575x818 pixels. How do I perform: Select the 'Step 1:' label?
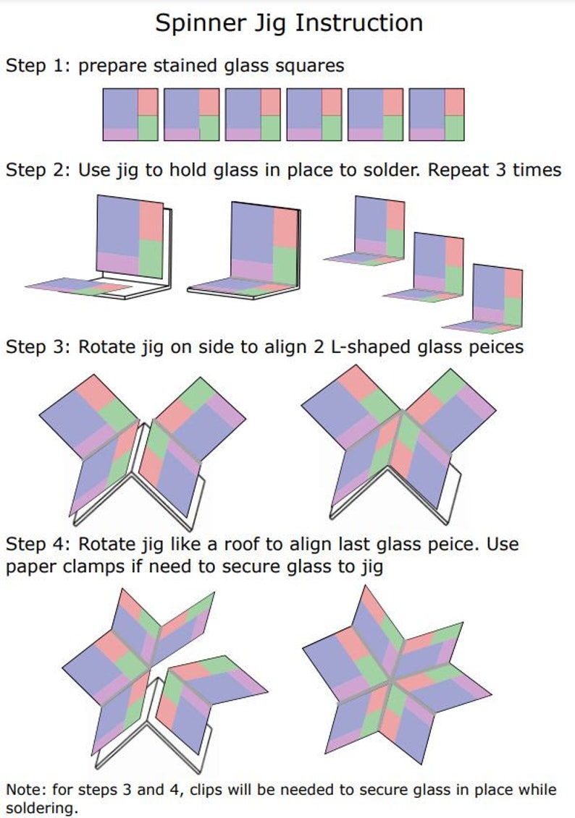[x=38, y=66]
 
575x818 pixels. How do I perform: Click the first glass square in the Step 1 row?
[x=130, y=114]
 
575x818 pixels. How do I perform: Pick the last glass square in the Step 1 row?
[x=437, y=114]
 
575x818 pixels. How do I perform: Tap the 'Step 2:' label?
[x=38, y=170]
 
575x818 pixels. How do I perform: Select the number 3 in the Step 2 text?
[x=507, y=170]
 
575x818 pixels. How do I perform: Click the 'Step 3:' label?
[x=38, y=346]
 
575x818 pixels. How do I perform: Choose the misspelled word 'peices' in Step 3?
[x=493, y=347]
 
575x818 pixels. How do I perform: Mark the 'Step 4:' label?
[x=38, y=544]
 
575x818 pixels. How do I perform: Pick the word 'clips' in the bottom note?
[x=211, y=789]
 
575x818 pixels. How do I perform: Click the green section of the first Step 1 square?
[x=147, y=127]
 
